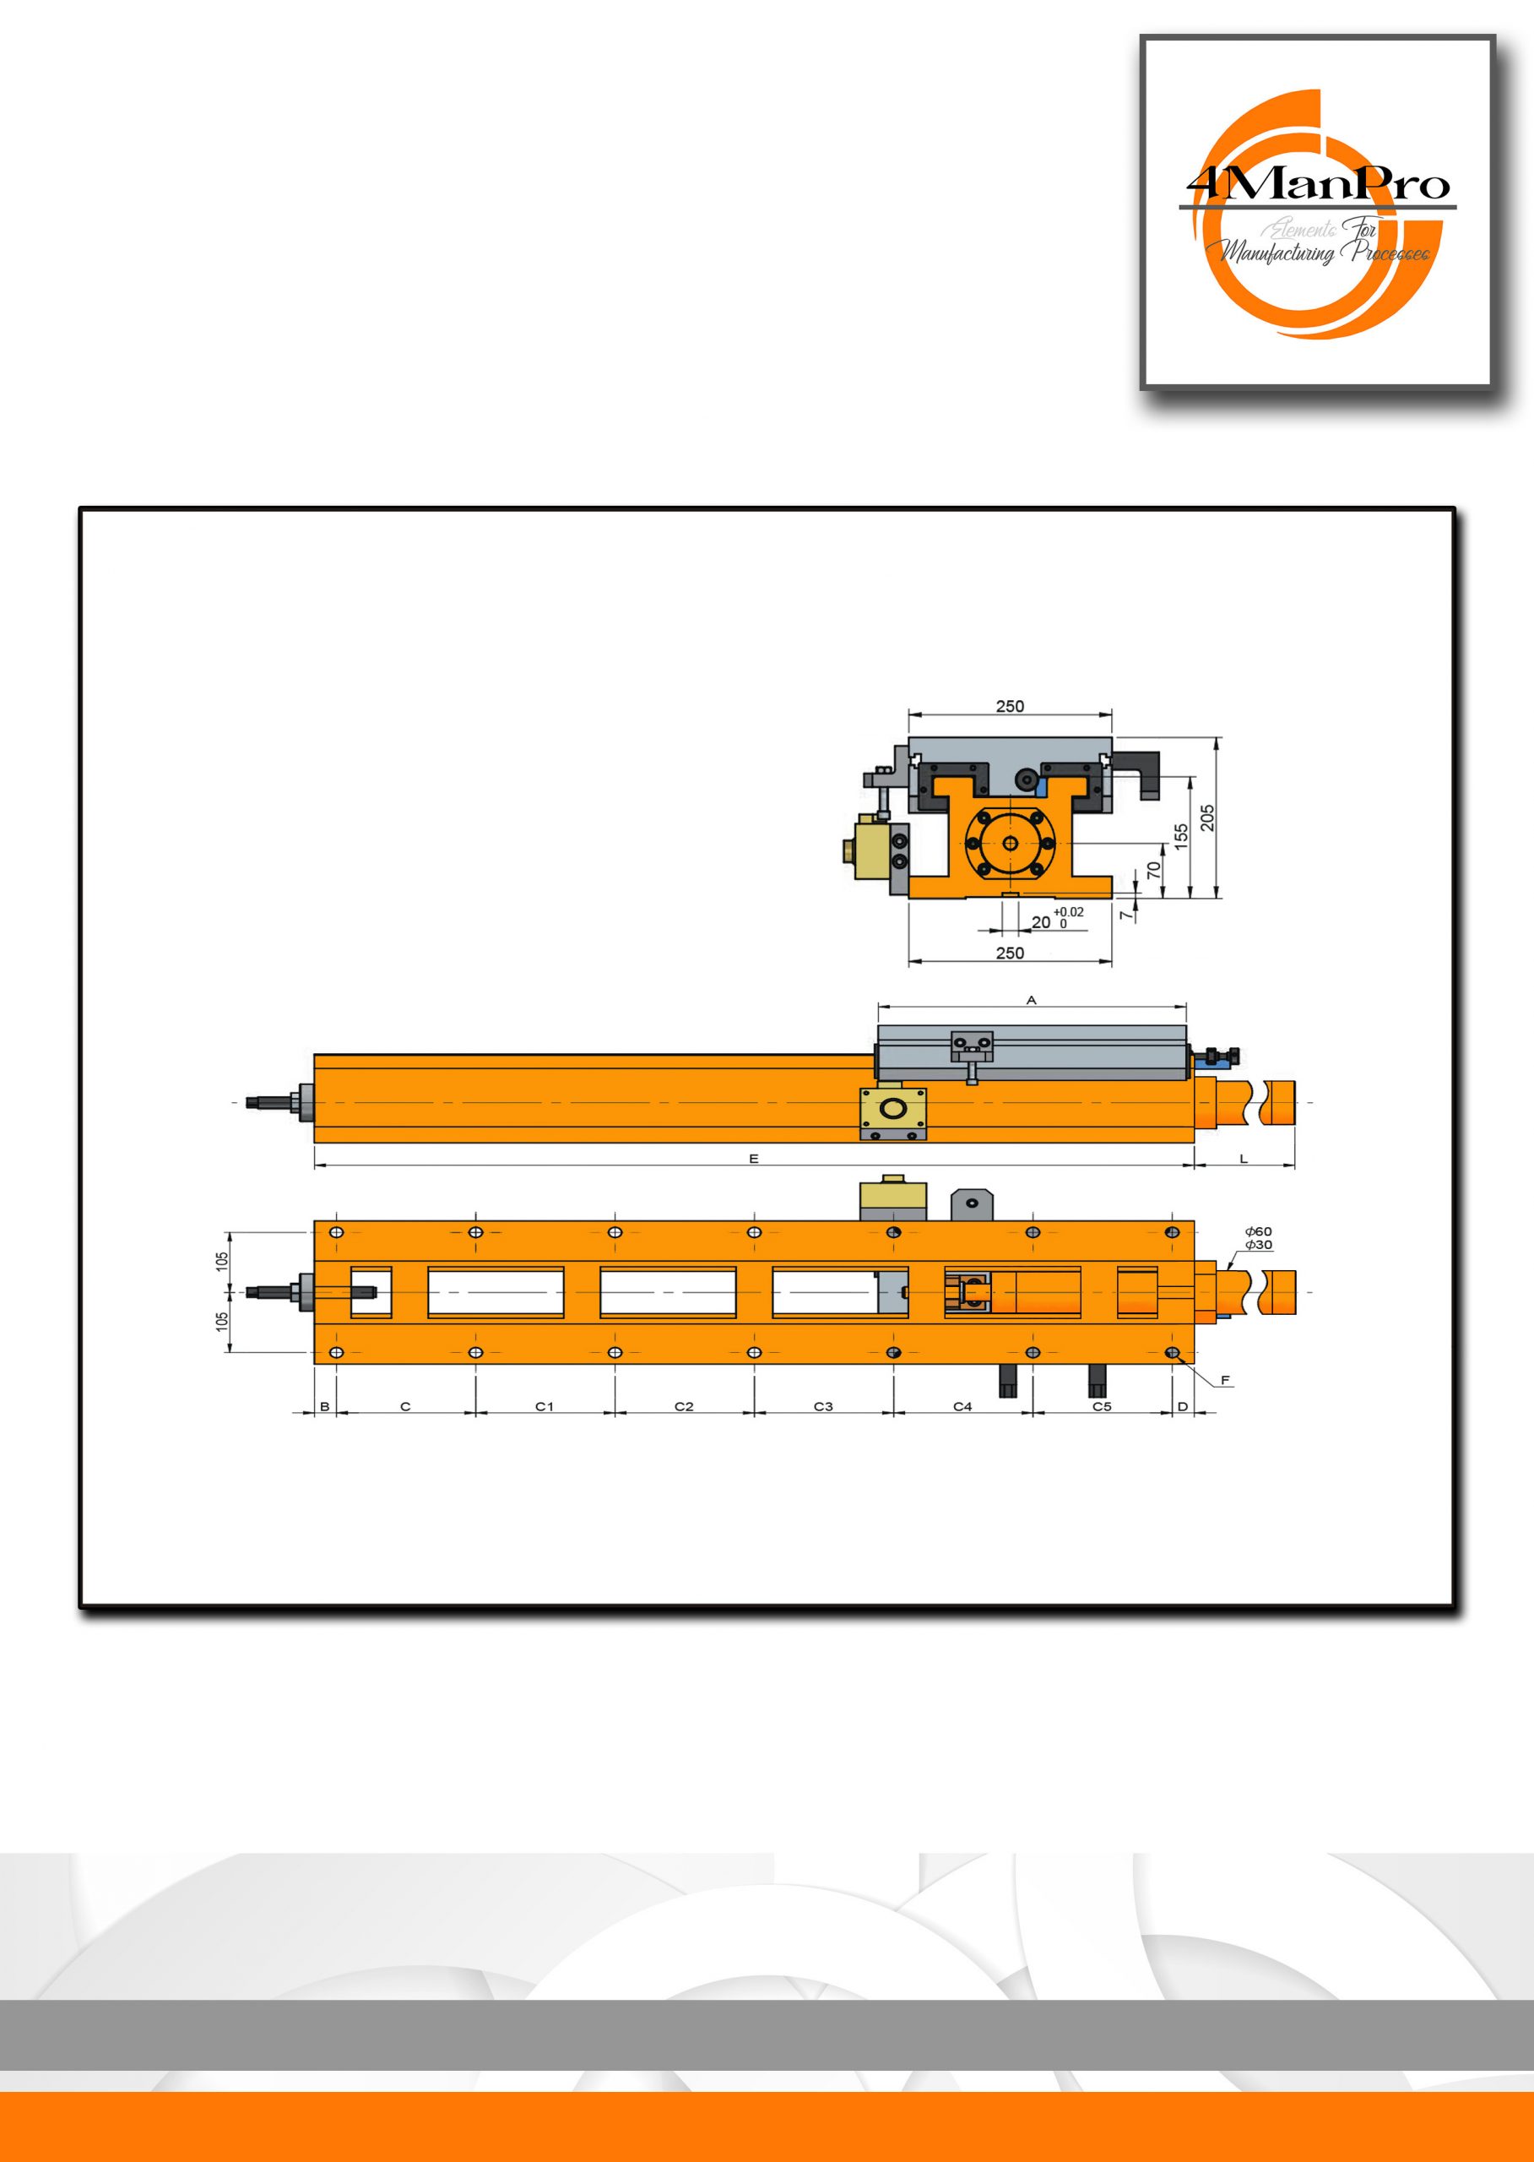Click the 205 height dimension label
pos(1207,818)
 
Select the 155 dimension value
pos(1181,837)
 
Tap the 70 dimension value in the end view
pos(1153,870)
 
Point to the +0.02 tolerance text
pos(1068,912)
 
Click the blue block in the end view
pos(1042,785)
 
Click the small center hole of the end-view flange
pos(1010,843)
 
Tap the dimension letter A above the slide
pos(1032,999)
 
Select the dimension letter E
pos(754,1159)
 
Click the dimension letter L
pos(1244,1159)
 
